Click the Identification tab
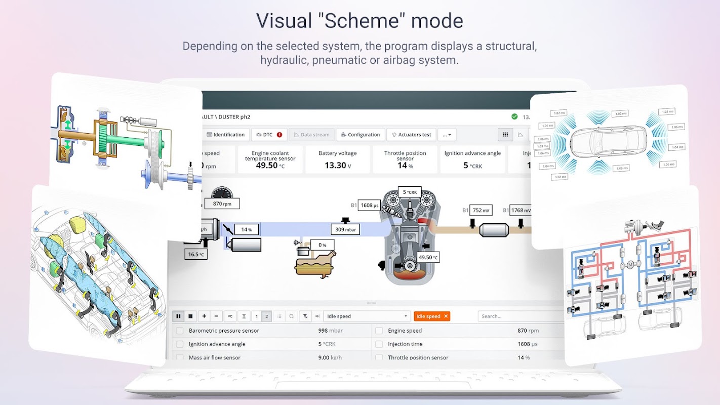pyautogui.click(x=226, y=135)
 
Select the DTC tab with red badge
pyautogui.click(x=269, y=135)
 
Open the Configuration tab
pyautogui.click(x=360, y=135)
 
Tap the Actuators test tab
pyautogui.click(x=411, y=135)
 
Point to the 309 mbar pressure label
pyautogui.click(x=346, y=229)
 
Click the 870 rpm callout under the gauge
pyautogui.click(x=222, y=204)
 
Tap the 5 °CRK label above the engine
pyautogui.click(x=410, y=192)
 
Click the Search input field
pyautogui.click(x=519, y=316)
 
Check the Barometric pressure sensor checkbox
pyautogui.click(x=180, y=331)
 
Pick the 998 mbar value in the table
pyautogui.click(x=330, y=331)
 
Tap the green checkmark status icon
pyautogui.click(x=514, y=117)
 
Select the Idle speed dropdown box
pyautogui.click(x=367, y=316)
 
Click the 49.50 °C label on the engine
pyautogui.click(x=428, y=257)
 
